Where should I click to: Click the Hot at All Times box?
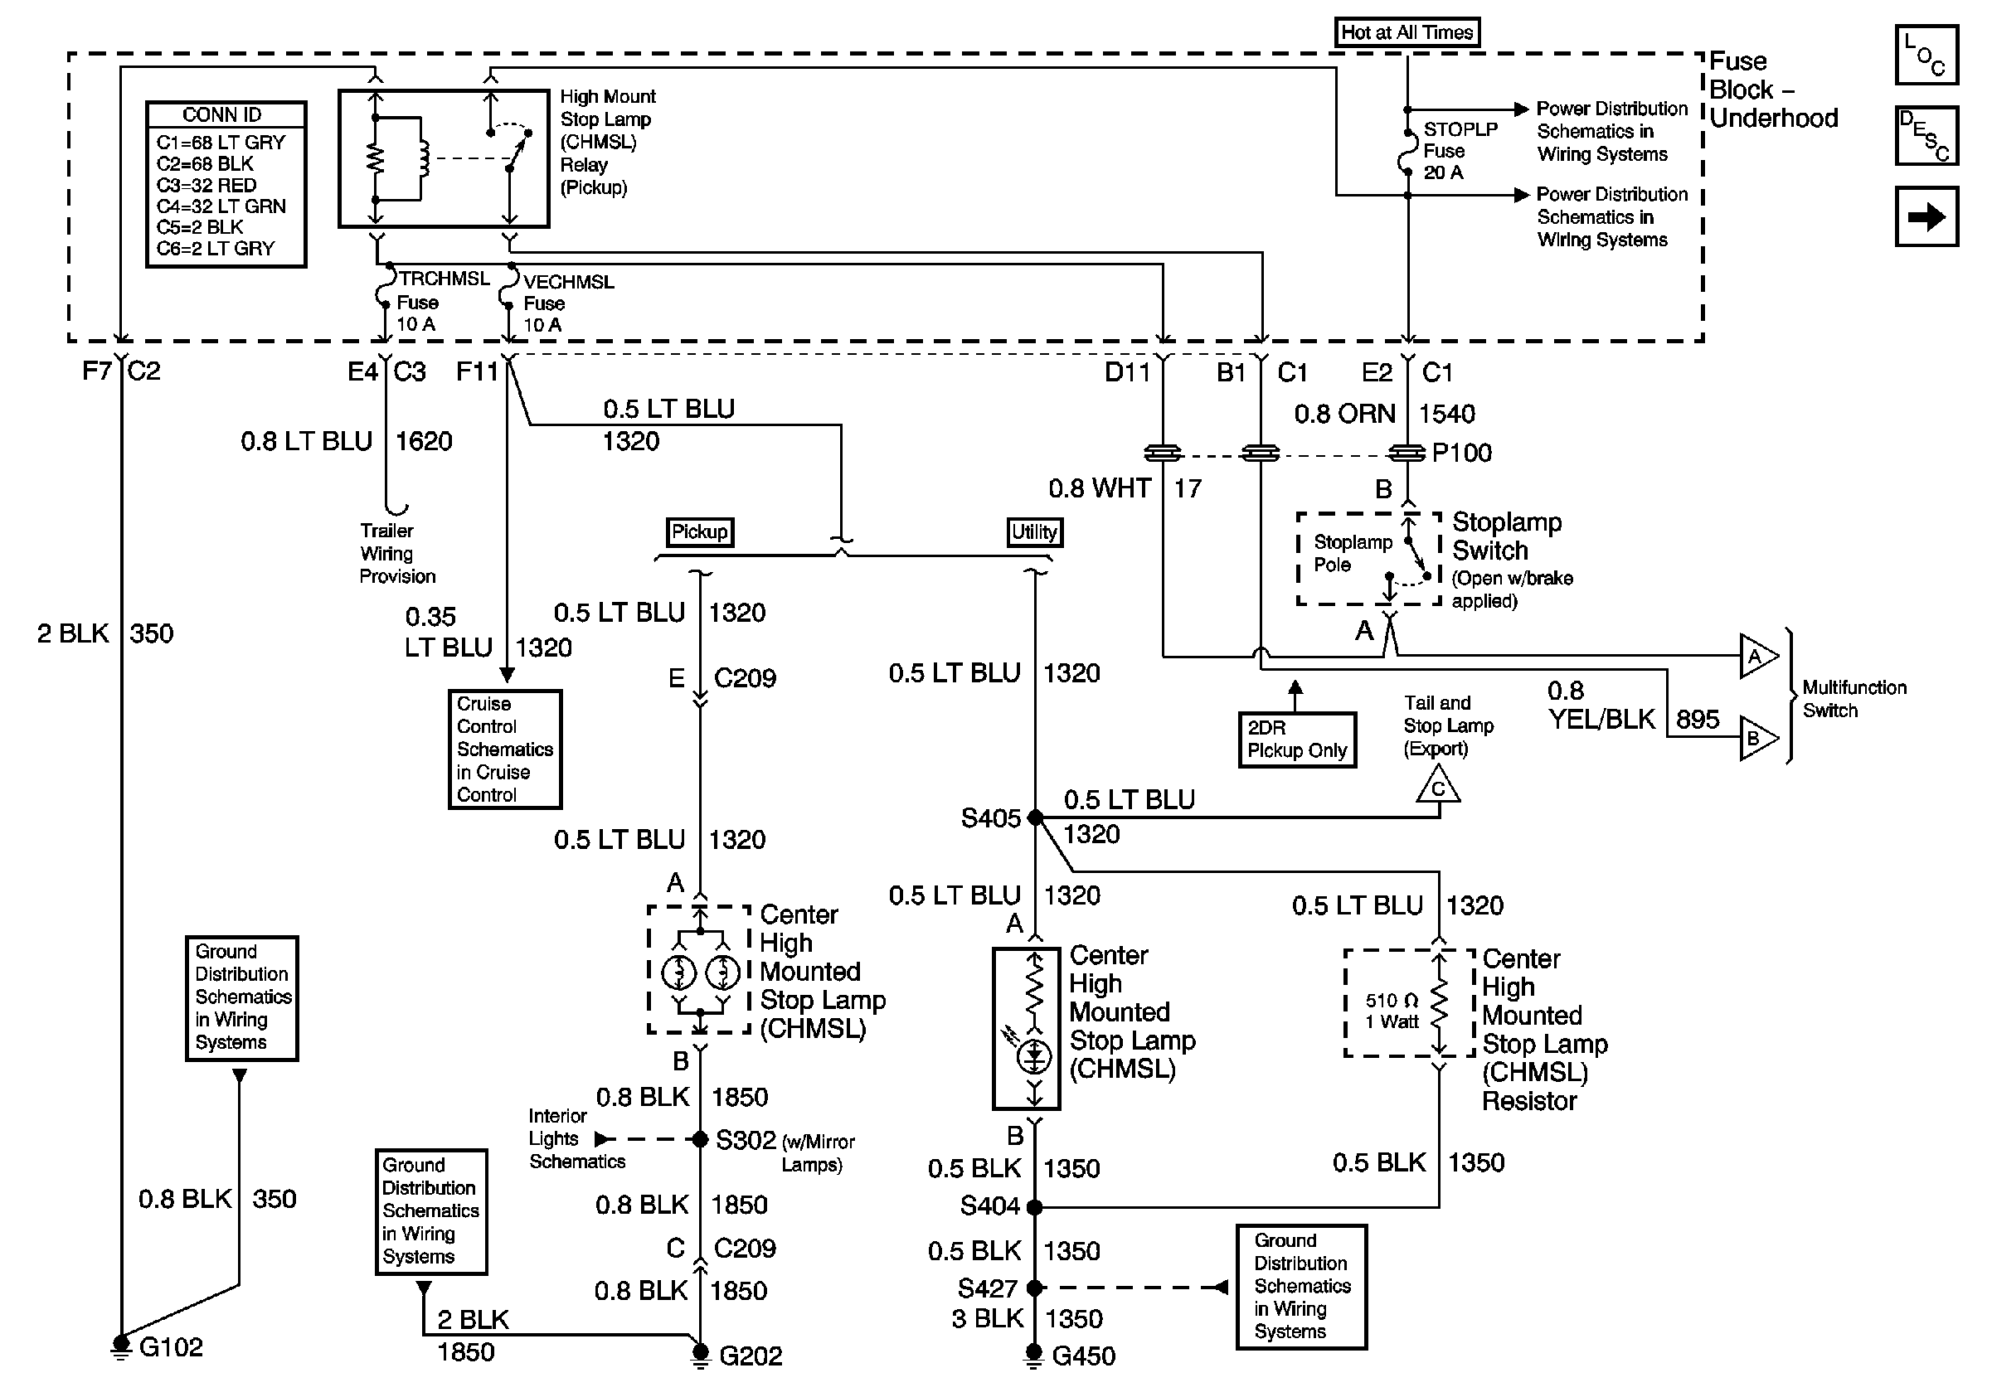[1407, 32]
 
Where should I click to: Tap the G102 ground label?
[171, 1346]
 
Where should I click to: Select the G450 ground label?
[1084, 1356]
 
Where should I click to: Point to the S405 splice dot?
[1035, 817]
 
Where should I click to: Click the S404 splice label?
[990, 1206]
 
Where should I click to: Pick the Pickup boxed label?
[699, 531]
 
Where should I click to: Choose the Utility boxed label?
[1034, 531]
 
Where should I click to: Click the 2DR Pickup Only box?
[1297, 740]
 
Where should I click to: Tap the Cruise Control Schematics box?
[504, 749]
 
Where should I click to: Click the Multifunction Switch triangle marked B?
[1756, 739]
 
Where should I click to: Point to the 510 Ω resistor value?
[1392, 1000]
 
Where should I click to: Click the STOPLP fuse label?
[1460, 129]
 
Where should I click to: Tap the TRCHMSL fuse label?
[444, 279]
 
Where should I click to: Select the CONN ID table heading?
[222, 114]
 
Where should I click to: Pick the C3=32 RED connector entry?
[206, 185]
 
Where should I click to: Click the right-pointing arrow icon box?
[1926, 216]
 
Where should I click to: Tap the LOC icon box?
[1926, 55]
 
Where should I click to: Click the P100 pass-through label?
[1462, 453]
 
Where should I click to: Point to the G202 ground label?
[751, 1356]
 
